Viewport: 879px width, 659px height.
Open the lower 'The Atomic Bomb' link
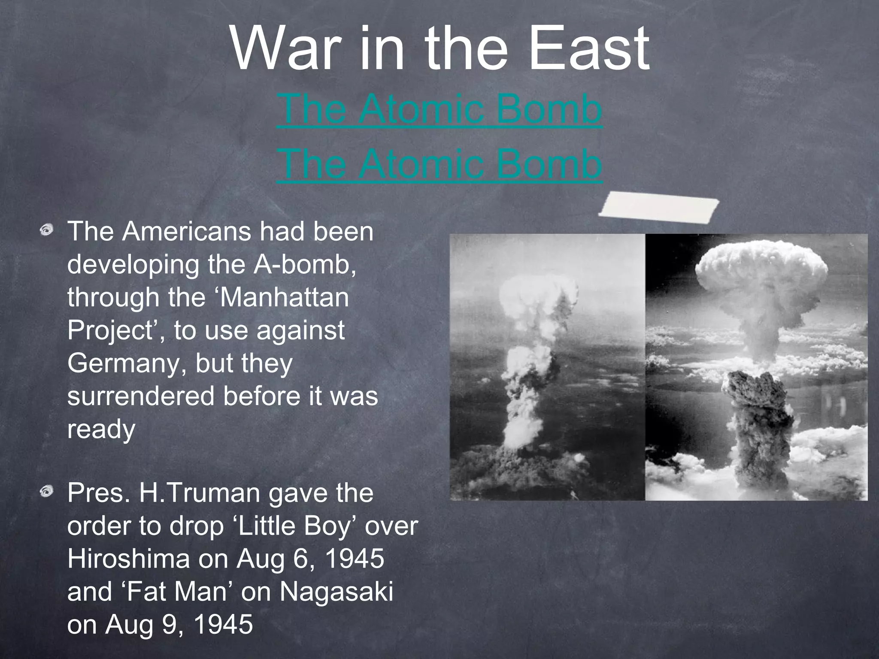439,164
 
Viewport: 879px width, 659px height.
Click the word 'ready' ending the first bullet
101,429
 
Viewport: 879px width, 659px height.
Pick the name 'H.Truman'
199,493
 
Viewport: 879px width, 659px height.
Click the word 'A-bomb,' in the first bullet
305,264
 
